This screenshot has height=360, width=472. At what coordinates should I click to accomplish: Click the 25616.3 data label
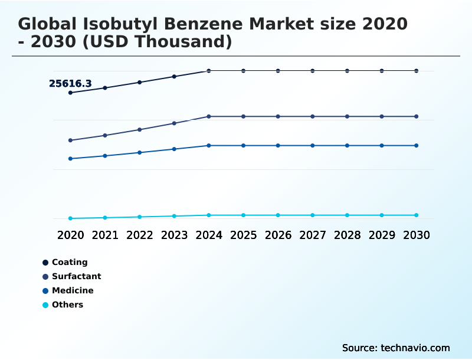70,84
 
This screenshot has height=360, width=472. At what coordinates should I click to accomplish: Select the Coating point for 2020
70,93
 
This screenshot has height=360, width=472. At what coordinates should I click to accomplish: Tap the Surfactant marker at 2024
209,116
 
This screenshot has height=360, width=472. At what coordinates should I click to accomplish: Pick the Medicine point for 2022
140,152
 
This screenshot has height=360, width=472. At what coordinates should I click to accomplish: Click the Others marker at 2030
417,215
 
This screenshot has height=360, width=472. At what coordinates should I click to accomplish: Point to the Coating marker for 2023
174,76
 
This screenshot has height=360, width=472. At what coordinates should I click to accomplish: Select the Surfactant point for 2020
70,140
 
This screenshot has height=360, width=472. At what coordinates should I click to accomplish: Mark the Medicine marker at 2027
313,145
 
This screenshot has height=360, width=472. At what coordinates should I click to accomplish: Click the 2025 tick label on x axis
243,235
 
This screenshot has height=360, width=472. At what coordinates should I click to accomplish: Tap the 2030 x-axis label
417,235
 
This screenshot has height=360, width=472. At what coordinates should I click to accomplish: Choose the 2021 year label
105,235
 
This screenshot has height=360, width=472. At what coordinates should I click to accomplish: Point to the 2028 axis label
347,235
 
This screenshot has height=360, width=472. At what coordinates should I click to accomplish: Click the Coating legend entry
70,262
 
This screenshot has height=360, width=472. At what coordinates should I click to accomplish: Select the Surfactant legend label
76,276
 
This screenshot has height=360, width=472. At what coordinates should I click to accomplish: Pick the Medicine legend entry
73,290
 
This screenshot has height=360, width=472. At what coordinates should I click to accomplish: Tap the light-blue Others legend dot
45,305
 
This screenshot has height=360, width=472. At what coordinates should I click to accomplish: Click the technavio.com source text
415,348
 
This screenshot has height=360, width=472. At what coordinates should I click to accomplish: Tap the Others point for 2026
278,215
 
